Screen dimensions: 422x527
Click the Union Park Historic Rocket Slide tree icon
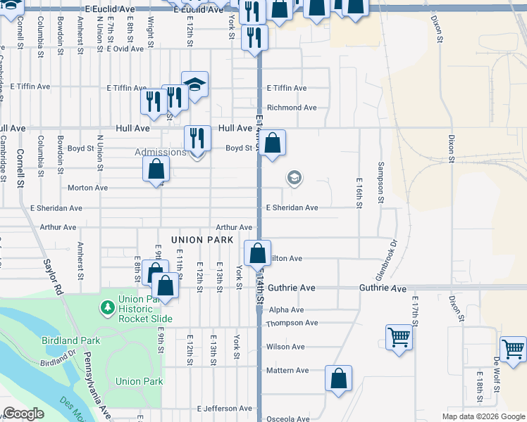[x=107, y=307]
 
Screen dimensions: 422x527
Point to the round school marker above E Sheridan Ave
[x=294, y=179]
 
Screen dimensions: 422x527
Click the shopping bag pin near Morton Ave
[x=156, y=170]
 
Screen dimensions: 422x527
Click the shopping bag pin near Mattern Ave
[x=338, y=378]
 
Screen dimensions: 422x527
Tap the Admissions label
[x=161, y=153]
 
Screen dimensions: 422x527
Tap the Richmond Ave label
[x=292, y=108]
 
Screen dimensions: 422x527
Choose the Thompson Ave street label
[x=292, y=323]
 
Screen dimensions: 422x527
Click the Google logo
[x=24, y=414]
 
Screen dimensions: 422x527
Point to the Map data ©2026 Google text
[x=483, y=416]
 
